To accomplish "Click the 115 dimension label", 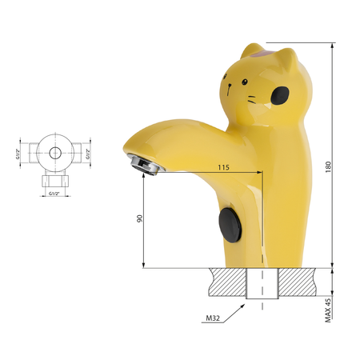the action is pos(223,167).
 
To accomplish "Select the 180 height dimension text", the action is pos(328,167).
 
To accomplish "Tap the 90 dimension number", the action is pos(140,218).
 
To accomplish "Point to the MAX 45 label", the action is pos(328,310).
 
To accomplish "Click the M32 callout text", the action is pos(213,318).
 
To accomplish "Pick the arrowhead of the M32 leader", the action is pos(242,306).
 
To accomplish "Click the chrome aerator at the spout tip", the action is pos(145,164).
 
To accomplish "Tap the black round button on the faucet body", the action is pos(230,226).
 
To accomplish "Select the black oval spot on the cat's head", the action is pos(280,95).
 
